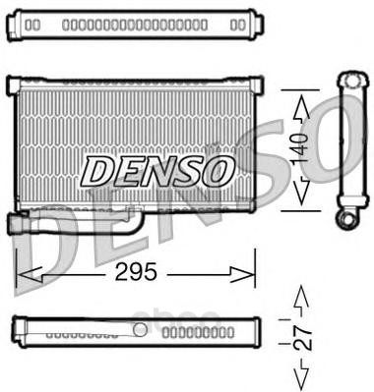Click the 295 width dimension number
(x=136, y=272)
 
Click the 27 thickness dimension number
(x=302, y=338)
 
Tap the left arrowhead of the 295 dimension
(x=29, y=274)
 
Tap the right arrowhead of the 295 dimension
(x=243, y=274)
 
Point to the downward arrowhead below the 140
(x=301, y=191)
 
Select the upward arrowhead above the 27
(x=301, y=297)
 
